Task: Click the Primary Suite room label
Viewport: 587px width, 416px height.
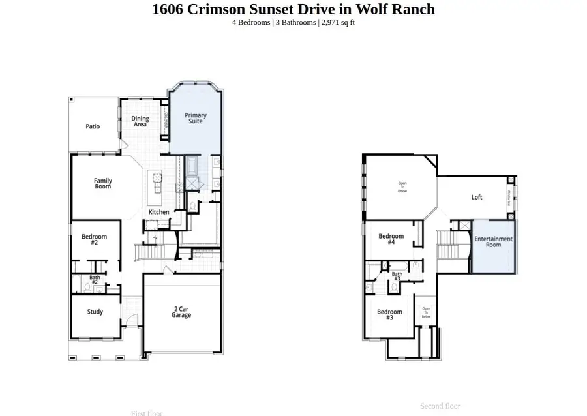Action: [x=195, y=118]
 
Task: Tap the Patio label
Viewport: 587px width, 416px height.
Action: [x=93, y=126]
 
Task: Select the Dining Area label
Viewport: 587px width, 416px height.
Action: [x=140, y=121]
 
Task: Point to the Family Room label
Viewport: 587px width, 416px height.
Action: [x=102, y=183]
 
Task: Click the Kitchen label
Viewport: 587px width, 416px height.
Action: [x=159, y=212]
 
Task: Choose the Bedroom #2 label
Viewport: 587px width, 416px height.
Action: [x=94, y=239]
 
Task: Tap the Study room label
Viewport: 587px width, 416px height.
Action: [x=95, y=312]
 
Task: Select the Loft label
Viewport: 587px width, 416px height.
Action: [x=477, y=197]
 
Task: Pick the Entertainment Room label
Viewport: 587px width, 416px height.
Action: [x=493, y=241]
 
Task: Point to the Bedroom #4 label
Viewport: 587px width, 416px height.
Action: [x=391, y=239]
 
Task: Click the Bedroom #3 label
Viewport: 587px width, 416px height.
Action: [x=389, y=314]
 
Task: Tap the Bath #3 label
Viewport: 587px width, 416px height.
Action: [x=397, y=276]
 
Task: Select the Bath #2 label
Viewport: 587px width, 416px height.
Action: [x=95, y=280]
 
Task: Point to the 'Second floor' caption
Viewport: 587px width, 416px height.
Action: [x=440, y=406]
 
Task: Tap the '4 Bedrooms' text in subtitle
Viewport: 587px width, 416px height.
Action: [x=252, y=23]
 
